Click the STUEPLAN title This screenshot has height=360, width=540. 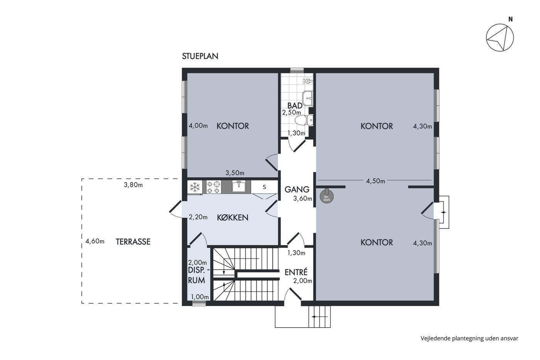[x=200, y=56]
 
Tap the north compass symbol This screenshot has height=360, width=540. [x=500, y=37]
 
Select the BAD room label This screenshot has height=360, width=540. [x=295, y=105]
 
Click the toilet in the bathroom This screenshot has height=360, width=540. [x=304, y=120]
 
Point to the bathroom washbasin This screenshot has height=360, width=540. [x=308, y=98]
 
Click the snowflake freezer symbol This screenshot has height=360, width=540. [x=194, y=187]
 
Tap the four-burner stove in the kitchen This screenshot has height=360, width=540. [x=214, y=187]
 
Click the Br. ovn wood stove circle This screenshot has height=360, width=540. [x=327, y=196]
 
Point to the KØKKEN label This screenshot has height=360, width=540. [x=233, y=218]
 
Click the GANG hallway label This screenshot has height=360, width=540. [x=297, y=189]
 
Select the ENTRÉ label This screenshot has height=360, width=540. [x=296, y=272]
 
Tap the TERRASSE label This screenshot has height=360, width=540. [x=133, y=242]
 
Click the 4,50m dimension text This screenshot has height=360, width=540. [x=375, y=181]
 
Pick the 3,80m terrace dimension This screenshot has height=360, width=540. [x=133, y=185]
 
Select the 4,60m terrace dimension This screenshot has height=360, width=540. [x=95, y=241]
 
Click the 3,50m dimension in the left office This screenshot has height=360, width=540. [x=235, y=173]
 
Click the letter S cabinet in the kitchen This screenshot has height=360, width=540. [x=265, y=187]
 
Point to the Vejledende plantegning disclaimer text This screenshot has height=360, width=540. [x=469, y=338]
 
